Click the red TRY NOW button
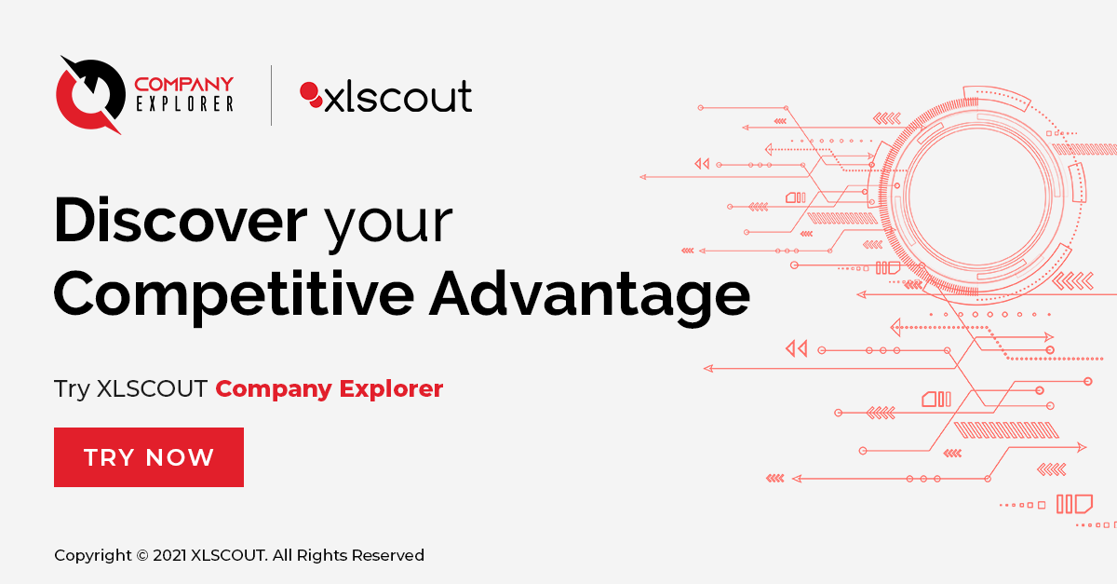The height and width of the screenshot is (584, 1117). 149,457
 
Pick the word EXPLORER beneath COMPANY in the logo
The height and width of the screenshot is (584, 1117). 183,104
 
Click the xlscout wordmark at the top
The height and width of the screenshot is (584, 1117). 397,97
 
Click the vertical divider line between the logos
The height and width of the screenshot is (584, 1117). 271,95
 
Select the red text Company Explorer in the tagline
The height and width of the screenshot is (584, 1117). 329,388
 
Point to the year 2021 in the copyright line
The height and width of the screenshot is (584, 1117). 168,555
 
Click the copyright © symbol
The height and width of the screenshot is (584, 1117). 141,555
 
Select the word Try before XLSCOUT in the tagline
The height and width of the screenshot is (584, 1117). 72,388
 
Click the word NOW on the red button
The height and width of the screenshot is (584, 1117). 181,457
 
